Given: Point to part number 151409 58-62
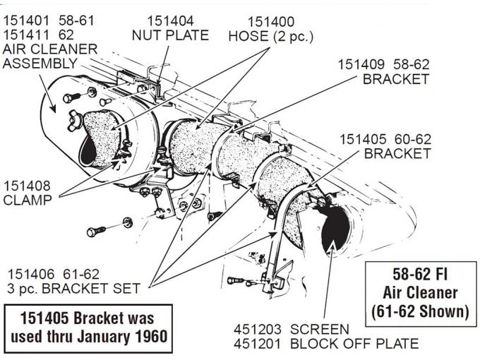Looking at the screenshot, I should tap(382, 64).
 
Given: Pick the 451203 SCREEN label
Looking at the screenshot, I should tap(291, 330).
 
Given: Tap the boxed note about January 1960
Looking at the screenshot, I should tap(88, 327).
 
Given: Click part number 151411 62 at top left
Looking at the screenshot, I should tap(39, 34).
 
